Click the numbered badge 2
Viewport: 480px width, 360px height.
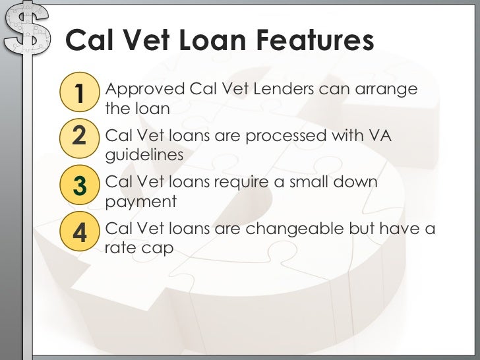pyautogui.click(x=79, y=137)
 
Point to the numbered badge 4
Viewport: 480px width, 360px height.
pyautogui.click(x=79, y=232)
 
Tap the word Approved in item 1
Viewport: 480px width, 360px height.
pyautogui.click(x=145, y=89)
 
